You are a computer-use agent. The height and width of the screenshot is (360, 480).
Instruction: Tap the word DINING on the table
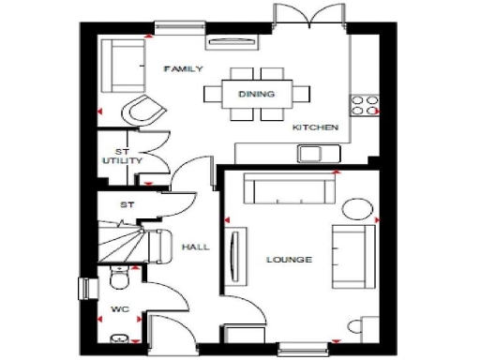point(256,95)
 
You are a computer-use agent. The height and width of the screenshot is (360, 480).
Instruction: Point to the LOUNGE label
point(289,259)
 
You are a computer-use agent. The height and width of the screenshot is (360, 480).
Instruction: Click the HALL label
point(196,247)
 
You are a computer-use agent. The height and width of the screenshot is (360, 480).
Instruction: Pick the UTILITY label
point(123,161)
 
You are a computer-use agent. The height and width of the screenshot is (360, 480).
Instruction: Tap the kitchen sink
point(311,154)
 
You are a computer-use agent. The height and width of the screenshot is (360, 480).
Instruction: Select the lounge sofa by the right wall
point(350,255)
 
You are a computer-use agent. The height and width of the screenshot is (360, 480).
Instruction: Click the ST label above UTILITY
point(121,151)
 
